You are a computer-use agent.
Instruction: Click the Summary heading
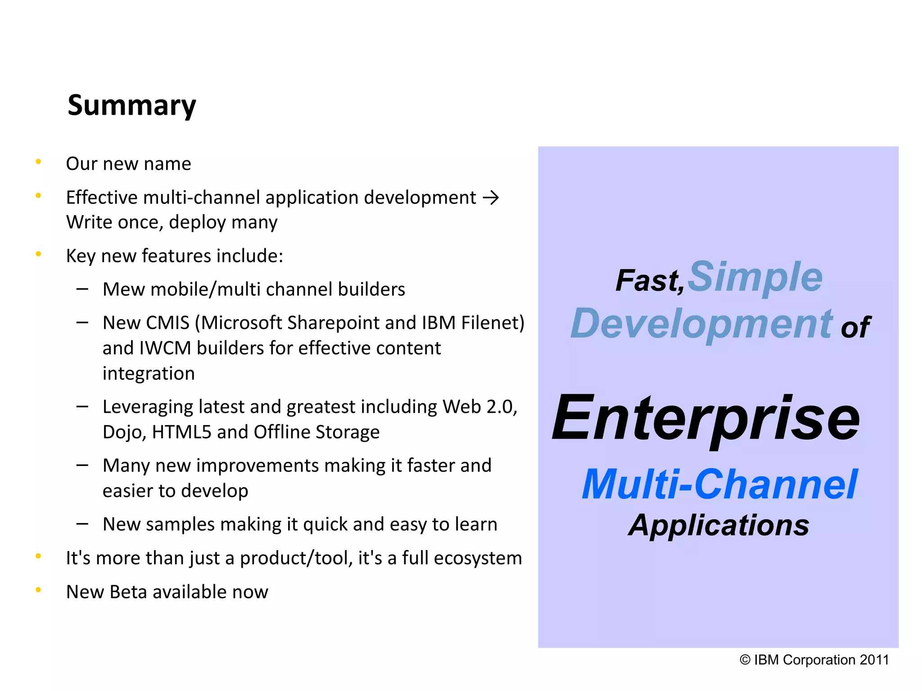pyautogui.click(x=131, y=105)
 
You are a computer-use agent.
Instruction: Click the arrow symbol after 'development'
pyautogui.click(x=490, y=198)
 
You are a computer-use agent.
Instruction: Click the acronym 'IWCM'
pyautogui.click(x=165, y=348)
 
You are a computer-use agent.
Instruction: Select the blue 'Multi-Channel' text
pyautogui.click(x=719, y=485)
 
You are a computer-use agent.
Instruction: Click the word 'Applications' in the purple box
pyautogui.click(x=719, y=525)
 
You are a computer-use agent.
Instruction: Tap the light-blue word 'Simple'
pyautogui.click(x=755, y=276)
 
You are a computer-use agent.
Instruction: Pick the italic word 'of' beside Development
pyautogui.click(x=854, y=327)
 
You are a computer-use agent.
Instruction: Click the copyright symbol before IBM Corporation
pyautogui.click(x=745, y=660)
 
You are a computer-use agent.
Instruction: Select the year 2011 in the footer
pyautogui.click(x=874, y=660)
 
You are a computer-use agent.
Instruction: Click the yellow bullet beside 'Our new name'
pyautogui.click(x=39, y=162)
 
